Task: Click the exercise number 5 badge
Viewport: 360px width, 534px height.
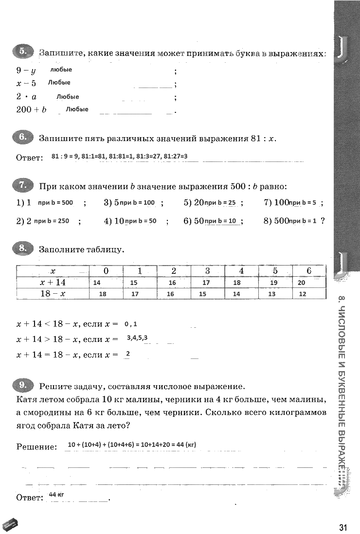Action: [x=23, y=52]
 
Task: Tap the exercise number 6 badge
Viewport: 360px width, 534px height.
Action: [x=23, y=138]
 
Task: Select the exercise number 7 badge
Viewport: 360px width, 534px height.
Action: [x=23, y=185]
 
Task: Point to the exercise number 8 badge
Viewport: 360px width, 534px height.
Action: [x=23, y=249]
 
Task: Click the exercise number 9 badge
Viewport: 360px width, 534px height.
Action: [x=23, y=386]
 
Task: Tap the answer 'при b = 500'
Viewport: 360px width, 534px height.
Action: [x=55, y=202]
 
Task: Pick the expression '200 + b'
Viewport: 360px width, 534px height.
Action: [x=31, y=110]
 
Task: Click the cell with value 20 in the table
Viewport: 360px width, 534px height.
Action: [x=302, y=283]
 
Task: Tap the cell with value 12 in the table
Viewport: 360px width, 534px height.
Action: [x=303, y=294]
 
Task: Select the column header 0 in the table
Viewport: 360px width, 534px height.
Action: [x=106, y=271]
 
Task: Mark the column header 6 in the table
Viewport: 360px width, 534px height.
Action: [x=308, y=271]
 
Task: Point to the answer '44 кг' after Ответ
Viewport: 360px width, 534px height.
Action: [x=56, y=495]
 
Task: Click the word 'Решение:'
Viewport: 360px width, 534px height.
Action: [x=36, y=446]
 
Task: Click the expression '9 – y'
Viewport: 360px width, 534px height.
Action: [x=26, y=71]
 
